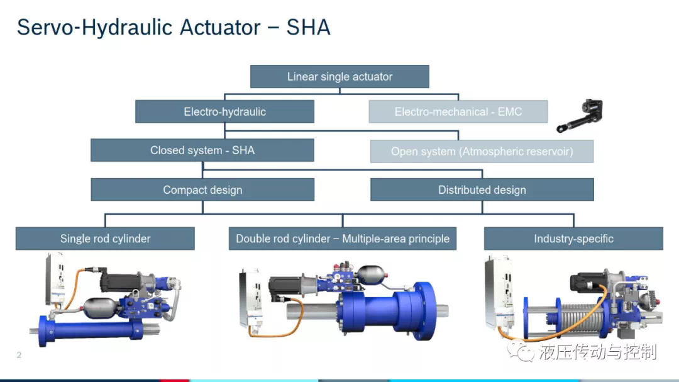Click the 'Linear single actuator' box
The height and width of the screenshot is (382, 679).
coord(339,77)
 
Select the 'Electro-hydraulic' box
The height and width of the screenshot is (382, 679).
coord(224,112)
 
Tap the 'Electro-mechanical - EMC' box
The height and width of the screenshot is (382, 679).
coord(458,112)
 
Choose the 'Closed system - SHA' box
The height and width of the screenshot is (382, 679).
coord(202,150)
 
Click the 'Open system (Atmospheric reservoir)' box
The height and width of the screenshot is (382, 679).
coord(482,151)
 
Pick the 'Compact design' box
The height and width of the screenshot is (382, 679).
coord(202,189)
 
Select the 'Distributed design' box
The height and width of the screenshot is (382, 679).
coord(482,189)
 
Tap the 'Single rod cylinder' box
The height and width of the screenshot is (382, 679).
coord(105,239)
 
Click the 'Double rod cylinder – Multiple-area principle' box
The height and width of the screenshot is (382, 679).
coord(343,239)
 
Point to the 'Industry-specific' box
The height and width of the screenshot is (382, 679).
coord(573,239)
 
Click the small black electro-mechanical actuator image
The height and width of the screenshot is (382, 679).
coord(580,115)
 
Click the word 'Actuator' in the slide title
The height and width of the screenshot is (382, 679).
coord(220,27)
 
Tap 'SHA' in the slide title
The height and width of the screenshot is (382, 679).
coord(308,27)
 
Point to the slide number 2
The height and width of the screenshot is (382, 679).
coord(19,355)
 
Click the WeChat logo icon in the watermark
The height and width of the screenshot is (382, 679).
coord(521,351)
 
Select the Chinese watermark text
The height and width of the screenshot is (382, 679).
coord(598,352)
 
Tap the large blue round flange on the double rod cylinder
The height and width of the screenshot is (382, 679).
coord(424,310)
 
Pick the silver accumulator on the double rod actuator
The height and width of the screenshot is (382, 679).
coord(370,275)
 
